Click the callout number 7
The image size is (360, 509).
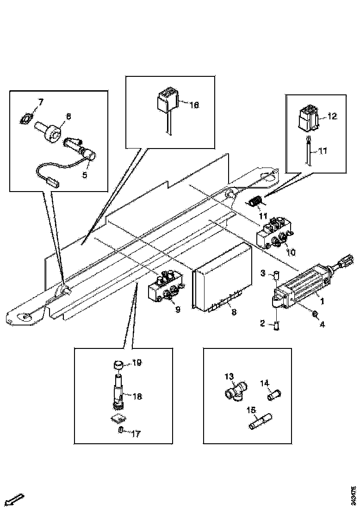[41, 101]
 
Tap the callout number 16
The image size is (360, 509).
[194, 106]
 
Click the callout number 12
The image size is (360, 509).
[332, 117]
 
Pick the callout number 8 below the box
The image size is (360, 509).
[234, 312]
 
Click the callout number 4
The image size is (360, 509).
[322, 324]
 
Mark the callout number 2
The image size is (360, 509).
[262, 324]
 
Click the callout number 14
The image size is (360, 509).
[264, 383]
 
